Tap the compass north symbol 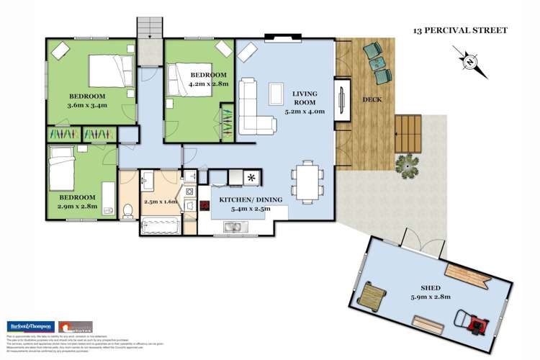470,62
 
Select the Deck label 372,99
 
